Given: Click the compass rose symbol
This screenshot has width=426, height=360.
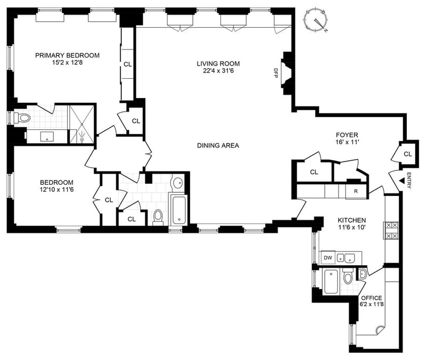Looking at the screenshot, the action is (316, 21).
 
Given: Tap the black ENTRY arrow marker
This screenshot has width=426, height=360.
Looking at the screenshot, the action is (401, 181).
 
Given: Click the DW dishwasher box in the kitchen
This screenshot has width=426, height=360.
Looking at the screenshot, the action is (328, 258).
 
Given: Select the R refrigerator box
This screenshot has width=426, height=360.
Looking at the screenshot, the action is (356, 191).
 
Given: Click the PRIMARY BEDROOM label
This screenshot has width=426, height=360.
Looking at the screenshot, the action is (68, 55).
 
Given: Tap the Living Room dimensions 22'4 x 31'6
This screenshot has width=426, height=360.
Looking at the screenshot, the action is (218, 71).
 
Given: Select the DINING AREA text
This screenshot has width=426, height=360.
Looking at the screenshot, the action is (218, 145).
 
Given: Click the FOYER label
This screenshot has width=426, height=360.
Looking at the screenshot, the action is (347, 135).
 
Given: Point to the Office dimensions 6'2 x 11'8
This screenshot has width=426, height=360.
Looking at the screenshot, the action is (372, 305).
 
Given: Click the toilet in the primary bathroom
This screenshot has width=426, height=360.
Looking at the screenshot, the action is (22, 118).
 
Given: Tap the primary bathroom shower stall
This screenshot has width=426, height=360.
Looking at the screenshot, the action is (82, 124).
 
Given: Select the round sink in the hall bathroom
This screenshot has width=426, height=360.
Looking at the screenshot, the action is (178, 183).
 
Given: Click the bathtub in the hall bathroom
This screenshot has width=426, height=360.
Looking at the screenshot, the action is (178, 210).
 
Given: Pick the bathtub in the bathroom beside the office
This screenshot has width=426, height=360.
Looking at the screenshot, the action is (331, 282).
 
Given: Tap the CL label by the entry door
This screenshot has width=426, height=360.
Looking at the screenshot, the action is (407, 154).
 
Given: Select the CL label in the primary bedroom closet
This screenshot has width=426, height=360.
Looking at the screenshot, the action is (127, 64).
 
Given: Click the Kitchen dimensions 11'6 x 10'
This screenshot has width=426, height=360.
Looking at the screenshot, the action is (352, 227).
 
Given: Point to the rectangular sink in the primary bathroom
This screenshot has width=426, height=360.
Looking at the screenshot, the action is (47, 136).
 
